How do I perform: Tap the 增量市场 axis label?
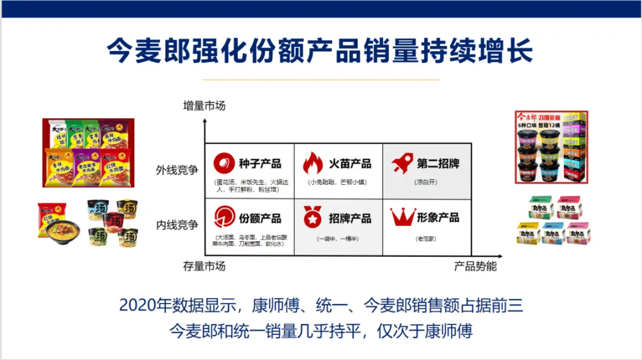pos(204,106)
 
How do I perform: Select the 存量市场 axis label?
pos(204,266)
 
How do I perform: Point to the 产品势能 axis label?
pos(475,266)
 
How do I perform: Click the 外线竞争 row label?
pos(177,170)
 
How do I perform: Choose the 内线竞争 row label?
pos(177,225)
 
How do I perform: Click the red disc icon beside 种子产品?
pos(224,163)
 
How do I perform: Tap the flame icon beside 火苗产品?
pos(313,163)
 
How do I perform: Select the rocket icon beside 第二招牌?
pos(402,163)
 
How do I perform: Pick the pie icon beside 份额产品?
pos(224,218)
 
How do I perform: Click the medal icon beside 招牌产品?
pos(313,218)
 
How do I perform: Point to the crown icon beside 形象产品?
pos(402,217)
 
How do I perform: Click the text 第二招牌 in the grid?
pos(438,163)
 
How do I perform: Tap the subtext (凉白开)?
pos(426,182)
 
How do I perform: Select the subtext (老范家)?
pos(426,238)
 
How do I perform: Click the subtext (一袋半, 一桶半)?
pos(337,238)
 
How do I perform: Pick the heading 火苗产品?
pos(350,163)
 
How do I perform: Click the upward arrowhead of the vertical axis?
pos(204,121)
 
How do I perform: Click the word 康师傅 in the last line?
pos(449,331)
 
